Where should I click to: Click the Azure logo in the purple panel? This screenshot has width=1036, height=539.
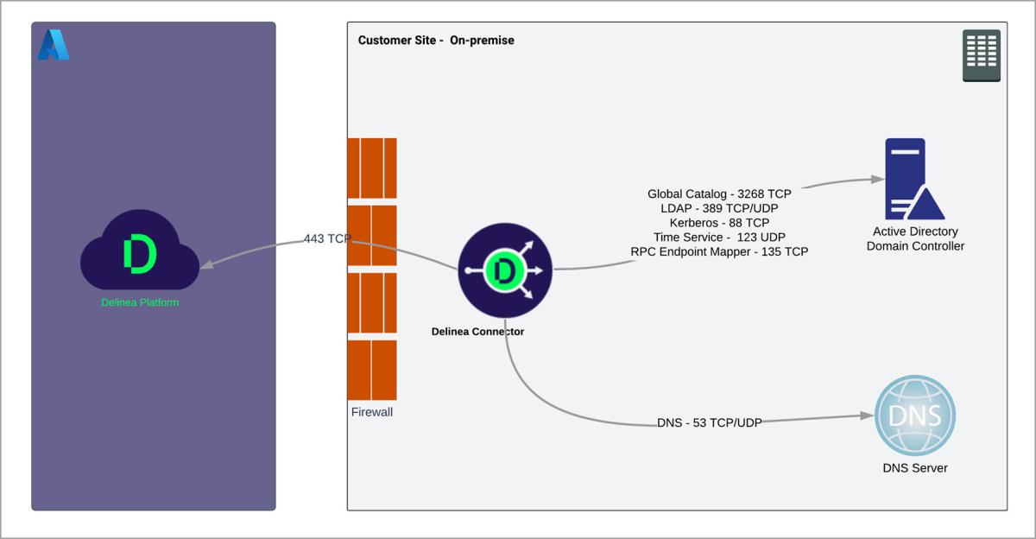(53, 45)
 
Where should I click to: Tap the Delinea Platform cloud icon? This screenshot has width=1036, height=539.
(140, 252)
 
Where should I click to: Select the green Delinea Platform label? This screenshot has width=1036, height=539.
(140, 302)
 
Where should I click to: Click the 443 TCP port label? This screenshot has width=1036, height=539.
(327, 238)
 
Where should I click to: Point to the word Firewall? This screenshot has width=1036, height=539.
(372, 412)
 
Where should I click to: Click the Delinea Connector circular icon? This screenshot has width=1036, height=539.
(505, 270)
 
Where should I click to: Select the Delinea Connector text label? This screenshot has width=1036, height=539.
(477, 332)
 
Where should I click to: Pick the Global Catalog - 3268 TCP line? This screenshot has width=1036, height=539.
(719, 193)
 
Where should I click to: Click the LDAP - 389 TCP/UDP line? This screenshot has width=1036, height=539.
(719, 208)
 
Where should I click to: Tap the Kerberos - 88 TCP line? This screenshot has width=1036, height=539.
(719, 223)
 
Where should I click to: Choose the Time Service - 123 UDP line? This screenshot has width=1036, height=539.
(719, 237)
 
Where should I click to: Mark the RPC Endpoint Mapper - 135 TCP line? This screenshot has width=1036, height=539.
(719, 251)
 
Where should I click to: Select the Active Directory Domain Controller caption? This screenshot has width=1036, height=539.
(915, 238)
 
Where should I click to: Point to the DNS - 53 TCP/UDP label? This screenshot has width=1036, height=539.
(709, 422)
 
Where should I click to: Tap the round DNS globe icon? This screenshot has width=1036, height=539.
(915, 415)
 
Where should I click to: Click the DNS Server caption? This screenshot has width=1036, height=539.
(915, 468)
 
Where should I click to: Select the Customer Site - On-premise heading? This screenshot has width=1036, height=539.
(436, 41)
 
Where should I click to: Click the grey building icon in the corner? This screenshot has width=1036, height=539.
(982, 55)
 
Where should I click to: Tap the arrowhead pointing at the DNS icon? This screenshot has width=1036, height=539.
(869, 415)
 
